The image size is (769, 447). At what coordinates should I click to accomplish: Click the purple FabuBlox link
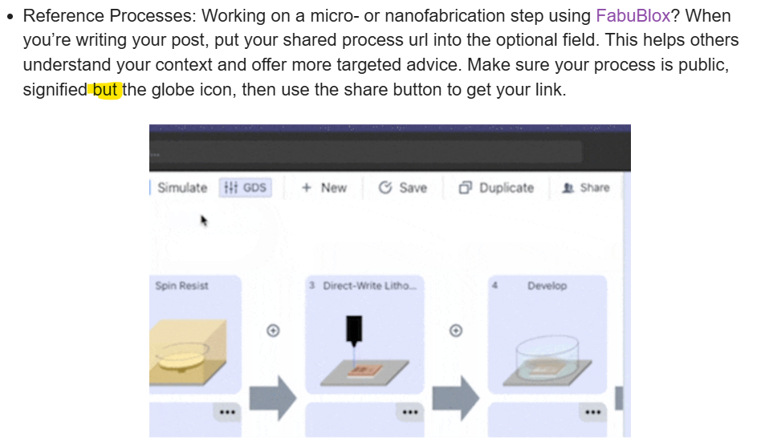coord(633,16)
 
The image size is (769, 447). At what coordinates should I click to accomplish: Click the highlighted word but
coord(105,90)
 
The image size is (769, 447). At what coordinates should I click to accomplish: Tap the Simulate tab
coord(182,188)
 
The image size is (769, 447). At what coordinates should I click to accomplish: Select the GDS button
coord(245,188)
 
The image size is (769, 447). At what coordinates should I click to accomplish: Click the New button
coord(324,188)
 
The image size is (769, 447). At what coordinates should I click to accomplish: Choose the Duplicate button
coord(496,188)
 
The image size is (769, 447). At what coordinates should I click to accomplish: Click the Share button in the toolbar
coord(586,188)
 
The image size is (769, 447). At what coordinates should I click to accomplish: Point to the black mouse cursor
coord(204,221)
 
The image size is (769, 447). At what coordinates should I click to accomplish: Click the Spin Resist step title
coord(181,286)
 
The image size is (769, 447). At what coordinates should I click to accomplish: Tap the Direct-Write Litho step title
coord(369,286)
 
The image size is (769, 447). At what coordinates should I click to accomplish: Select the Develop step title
coord(547,286)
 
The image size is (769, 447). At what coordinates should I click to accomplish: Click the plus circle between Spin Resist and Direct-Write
coord(273,331)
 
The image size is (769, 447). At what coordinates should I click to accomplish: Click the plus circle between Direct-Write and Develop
coord(456,331)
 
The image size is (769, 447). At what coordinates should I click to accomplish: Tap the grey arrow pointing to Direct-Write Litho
coord(273,397)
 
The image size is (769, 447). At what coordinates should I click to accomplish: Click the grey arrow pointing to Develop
coord(456,397)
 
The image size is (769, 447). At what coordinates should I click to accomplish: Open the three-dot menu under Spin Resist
coord(227,412)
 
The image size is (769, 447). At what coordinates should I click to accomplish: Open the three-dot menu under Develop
coord(593,412)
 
